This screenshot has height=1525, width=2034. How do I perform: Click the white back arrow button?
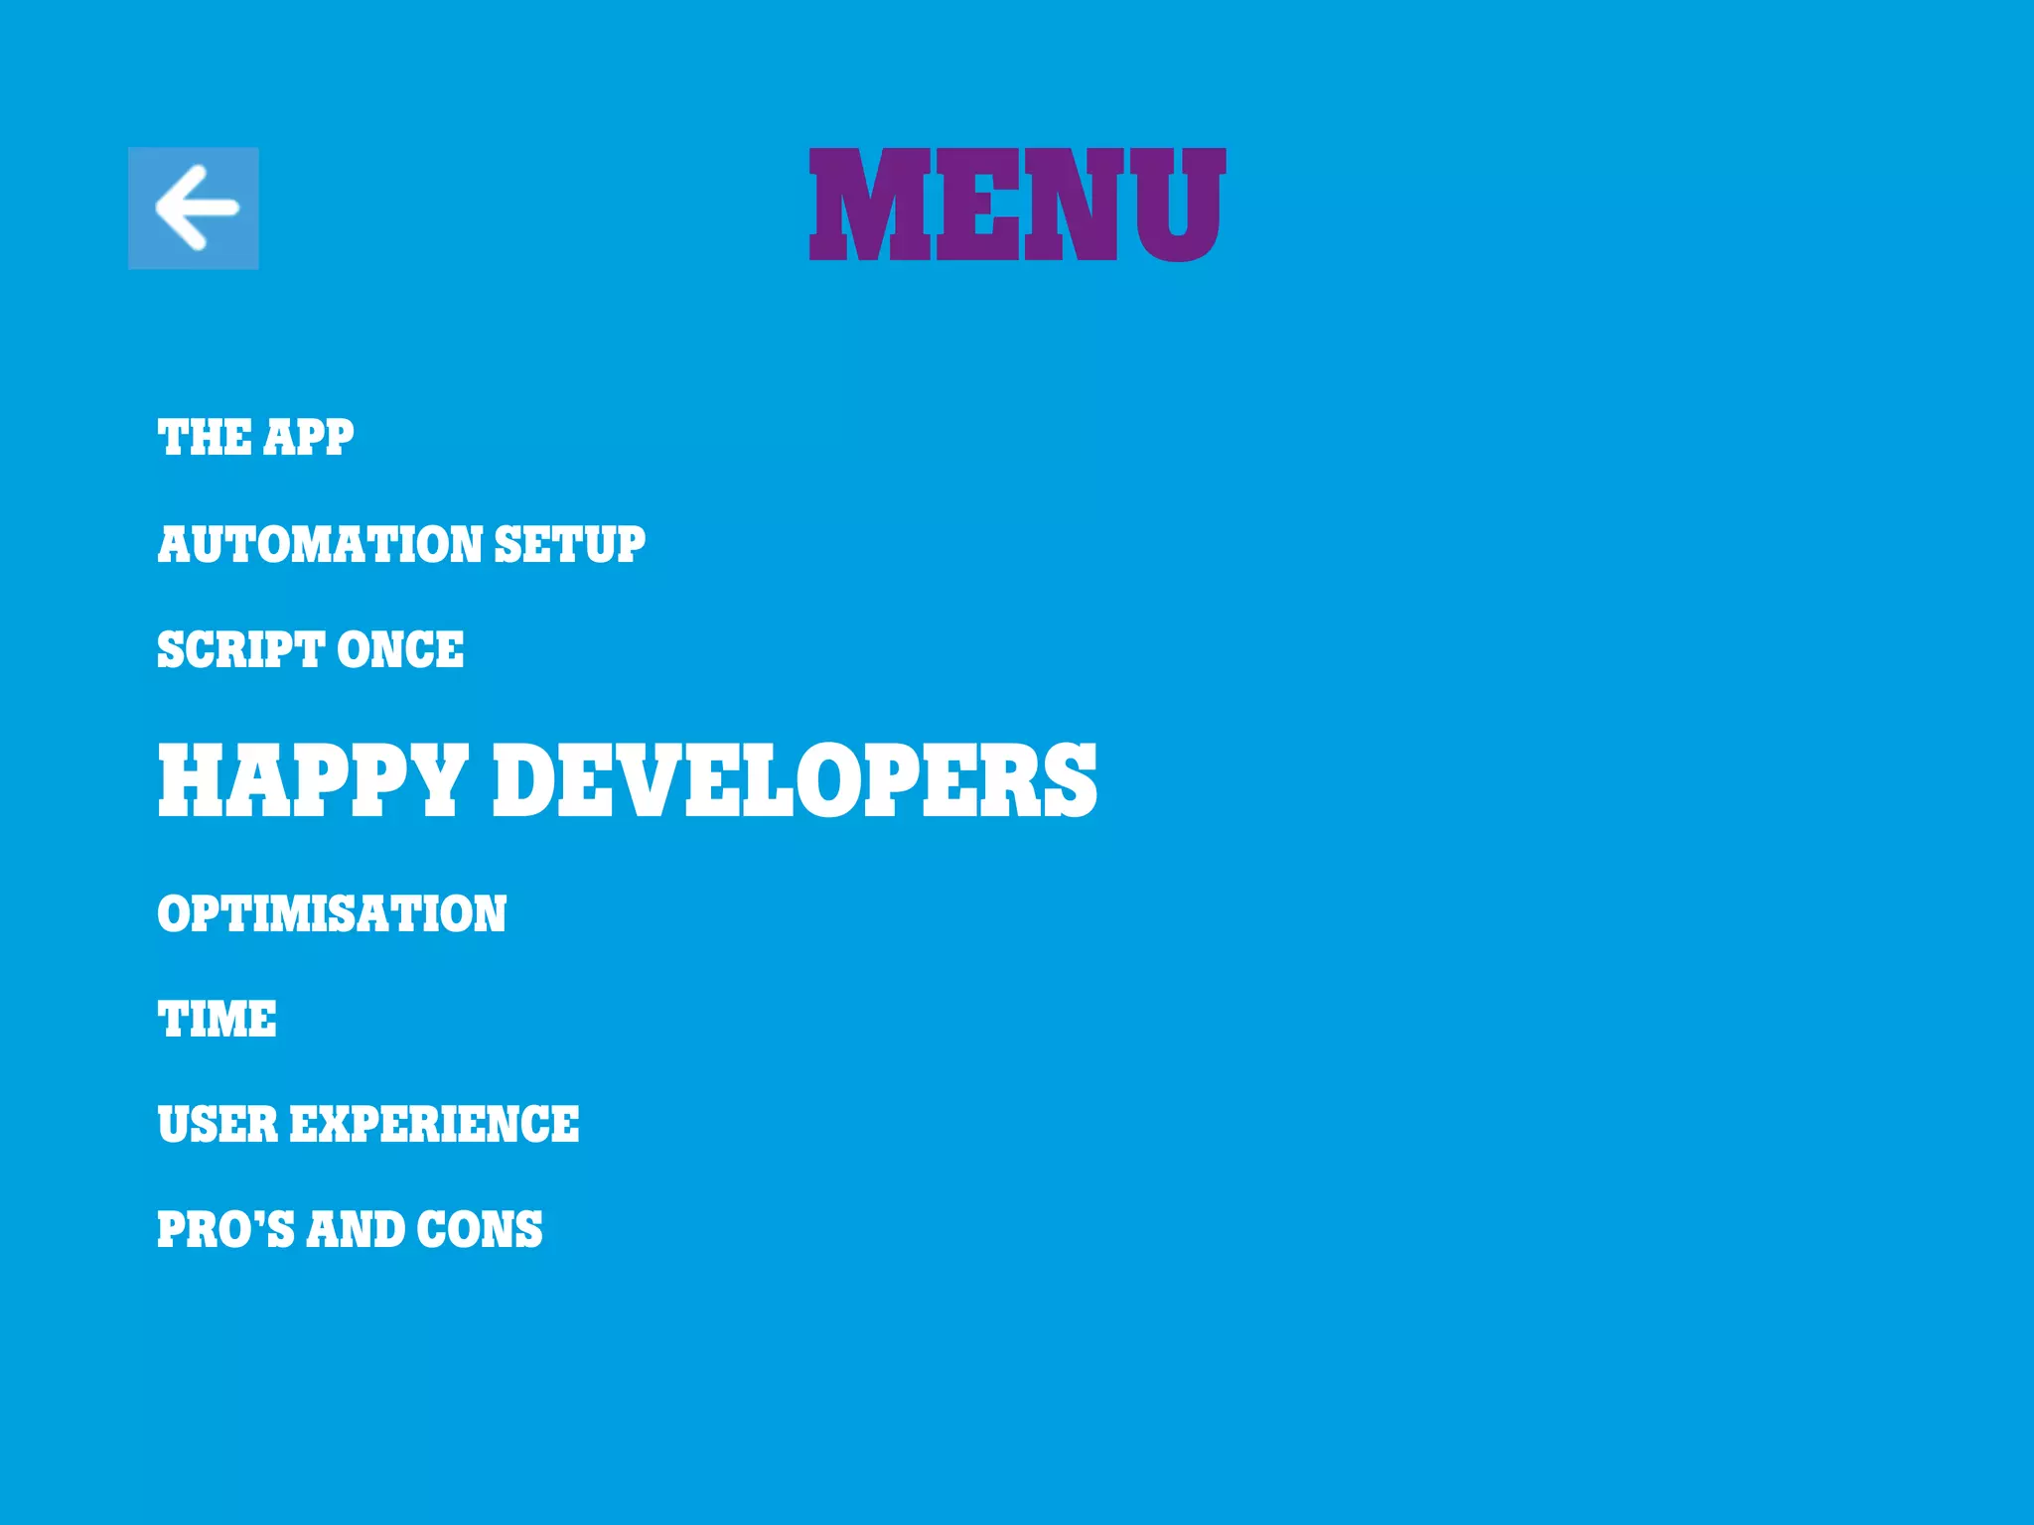point(194,208)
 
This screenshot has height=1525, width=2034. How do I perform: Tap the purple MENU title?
point(1017,206)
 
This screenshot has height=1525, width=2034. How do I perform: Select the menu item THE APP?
point(255,438)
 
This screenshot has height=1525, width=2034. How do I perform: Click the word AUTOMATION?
point(319,545)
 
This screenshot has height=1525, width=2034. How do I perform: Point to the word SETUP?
point(569,545)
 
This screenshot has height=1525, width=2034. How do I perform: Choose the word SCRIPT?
point(241,650)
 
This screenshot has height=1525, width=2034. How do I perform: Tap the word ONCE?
point(400,650)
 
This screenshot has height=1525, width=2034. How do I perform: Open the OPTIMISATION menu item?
point(332,913)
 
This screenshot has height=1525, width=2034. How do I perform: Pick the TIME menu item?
point(218,1020)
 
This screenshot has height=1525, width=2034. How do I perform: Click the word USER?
point(218,1125)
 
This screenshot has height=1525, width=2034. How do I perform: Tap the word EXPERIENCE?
point(434,1125)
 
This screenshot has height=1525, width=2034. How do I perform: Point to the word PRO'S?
point(225,1229)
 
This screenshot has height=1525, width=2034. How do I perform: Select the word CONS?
point(480,1229)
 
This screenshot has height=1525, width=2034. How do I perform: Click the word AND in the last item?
point(356,1229)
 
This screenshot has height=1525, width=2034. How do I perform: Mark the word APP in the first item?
point(309,438)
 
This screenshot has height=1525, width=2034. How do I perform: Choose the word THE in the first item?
point(204,438)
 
